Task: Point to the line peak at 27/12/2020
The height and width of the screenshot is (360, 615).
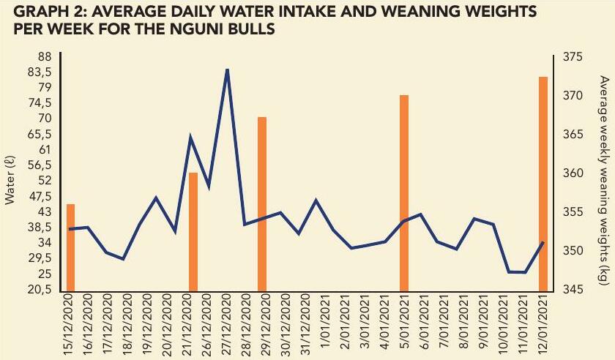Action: click(x=227, y=70)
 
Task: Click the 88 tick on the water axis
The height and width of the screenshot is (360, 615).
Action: click(x=44, y=56)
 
